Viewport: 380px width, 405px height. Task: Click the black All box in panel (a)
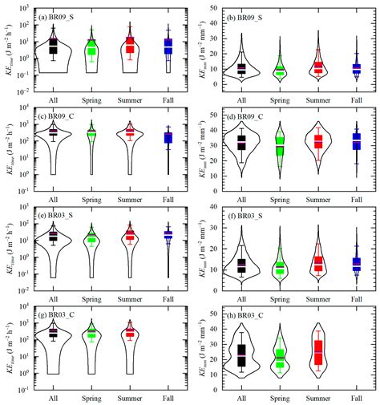pos(53,46)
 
